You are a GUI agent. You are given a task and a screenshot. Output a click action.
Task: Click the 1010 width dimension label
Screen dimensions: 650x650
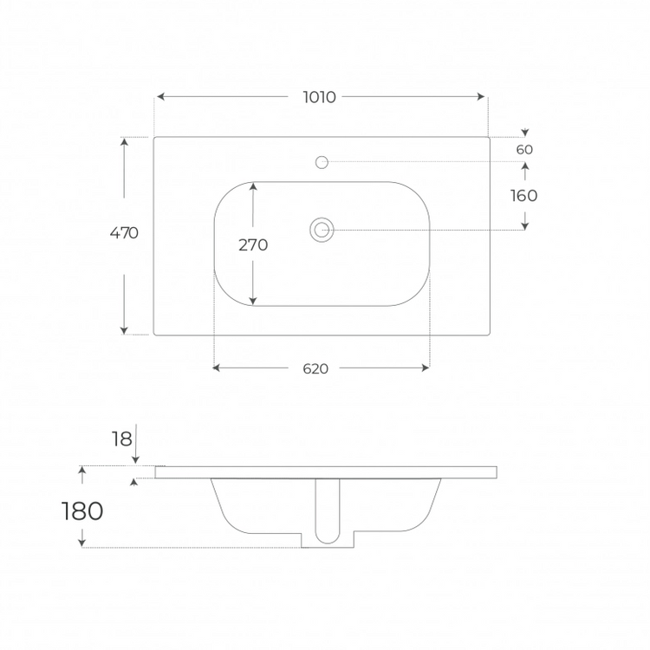click(319, 97)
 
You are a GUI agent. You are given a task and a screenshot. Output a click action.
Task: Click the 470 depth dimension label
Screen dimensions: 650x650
click(124, 233)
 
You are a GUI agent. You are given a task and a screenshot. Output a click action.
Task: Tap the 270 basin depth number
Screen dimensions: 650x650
click(253, 245)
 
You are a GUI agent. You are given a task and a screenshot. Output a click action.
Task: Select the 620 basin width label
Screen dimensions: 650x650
click(315, 368)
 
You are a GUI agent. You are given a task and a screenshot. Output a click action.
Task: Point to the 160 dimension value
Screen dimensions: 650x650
click(524, 196)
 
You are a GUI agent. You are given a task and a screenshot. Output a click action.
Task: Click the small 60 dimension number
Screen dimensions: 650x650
click(524, 149)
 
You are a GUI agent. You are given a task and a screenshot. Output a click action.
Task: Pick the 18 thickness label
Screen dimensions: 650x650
click(122, 439)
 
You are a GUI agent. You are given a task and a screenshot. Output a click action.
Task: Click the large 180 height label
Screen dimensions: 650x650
click(82, 511)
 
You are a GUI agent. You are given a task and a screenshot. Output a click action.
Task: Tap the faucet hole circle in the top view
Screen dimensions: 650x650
click(322, 162)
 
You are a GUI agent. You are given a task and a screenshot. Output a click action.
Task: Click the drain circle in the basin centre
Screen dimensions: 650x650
click(322, 230)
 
